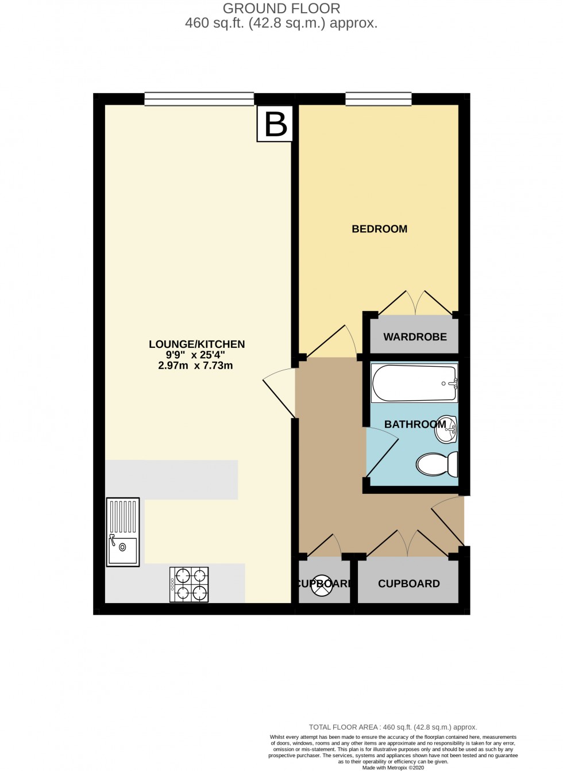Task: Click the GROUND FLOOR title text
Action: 281,9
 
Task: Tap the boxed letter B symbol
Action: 275,124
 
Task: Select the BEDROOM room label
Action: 379,229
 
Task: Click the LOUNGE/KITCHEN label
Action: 196,344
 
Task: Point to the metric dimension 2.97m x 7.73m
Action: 195,366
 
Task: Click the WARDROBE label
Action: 415,337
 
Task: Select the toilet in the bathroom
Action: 437,464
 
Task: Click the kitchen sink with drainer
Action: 123,532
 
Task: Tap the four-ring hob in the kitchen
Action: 189,585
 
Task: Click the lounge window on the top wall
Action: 199,99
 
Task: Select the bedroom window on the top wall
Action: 379,99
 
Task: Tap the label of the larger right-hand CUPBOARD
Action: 408,584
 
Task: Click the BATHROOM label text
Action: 415,424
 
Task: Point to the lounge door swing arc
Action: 279,391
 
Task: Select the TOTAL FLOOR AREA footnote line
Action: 393,727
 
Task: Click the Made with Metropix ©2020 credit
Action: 393,768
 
